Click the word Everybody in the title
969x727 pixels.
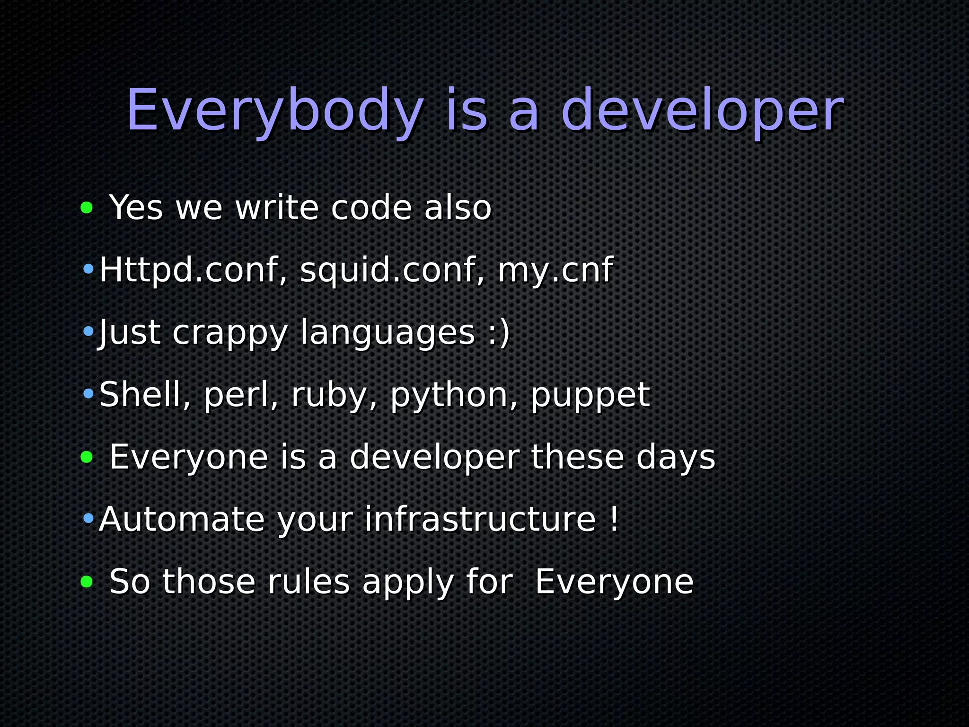coord(274,112)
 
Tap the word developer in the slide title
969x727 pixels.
coord(702,112)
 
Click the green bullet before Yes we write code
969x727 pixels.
coord(87,207)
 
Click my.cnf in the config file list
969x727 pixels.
coord(555,270)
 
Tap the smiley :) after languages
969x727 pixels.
coord(498,332)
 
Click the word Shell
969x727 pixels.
coord(145,394)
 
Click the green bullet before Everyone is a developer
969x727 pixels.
coord(87,457)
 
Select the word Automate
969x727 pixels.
coord(182,519)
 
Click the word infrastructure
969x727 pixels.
coord(480,519)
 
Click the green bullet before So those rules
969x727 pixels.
coord(87,582)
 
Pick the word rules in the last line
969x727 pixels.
coord(308,582)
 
